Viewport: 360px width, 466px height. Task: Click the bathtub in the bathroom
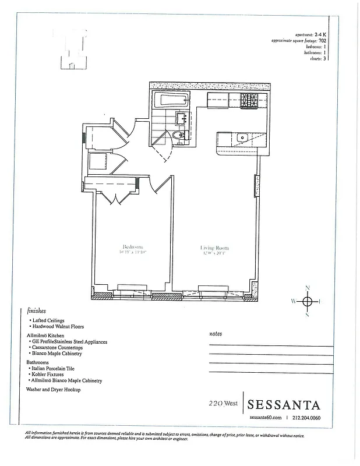pyautogui.click(x=172, y=100)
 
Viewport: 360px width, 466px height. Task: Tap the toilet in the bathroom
pyautogui.click(x=179, y=137)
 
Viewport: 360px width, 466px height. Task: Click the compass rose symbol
pyautogui.click(x=308, y=301)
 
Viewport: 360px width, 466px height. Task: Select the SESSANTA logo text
pyautogui.click(x=284, y=404)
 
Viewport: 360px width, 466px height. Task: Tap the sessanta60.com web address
pyautogui.click(x=265, y=418)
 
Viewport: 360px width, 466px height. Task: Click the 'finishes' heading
pyautogui.click(x=37, y=311)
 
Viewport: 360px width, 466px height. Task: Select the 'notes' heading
pyautogui.click(x=216, y=334)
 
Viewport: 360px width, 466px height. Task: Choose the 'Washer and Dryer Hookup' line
pyautogui.click(x=54, y=389)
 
